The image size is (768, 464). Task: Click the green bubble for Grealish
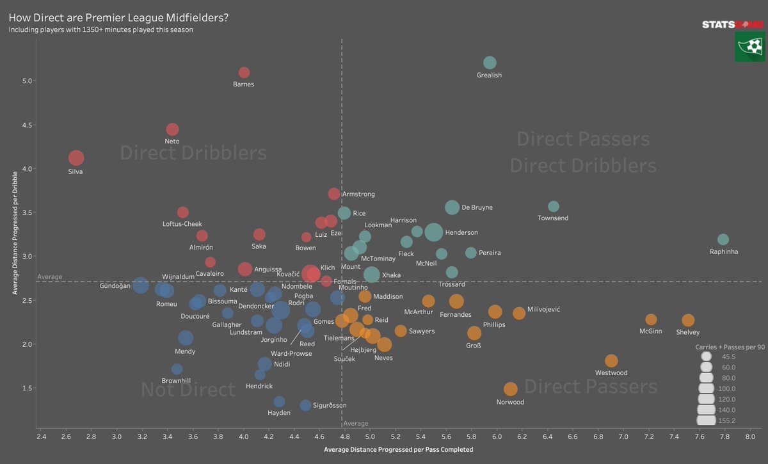tap(490, 63)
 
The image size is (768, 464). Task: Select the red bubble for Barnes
tap(244, 73)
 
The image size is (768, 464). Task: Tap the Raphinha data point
tap(723, 239)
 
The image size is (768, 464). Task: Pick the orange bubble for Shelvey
tap(688, 320)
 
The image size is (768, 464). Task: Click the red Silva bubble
tap(76, 158)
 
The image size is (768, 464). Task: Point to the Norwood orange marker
tap(510, 389)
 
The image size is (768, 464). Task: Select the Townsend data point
tap(554, 206)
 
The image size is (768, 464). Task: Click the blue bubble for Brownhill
tap(177, 369)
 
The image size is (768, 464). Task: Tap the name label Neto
tap(172, 141)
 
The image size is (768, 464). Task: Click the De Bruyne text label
tap(477, 208)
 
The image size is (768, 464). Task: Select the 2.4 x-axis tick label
tap(41, 437)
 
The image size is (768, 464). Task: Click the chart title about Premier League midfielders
tap(118, 17)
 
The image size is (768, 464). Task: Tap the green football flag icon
tap(749, 48)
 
